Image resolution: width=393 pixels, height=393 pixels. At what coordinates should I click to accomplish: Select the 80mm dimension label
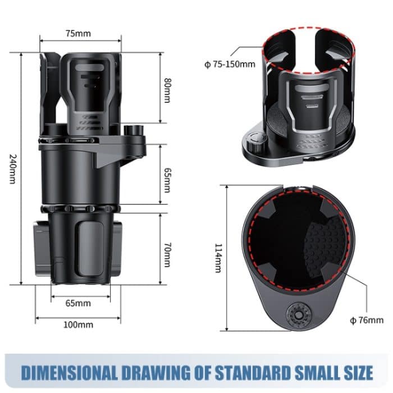pos(167,88)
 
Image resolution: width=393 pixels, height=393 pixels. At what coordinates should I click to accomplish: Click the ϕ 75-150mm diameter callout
pos(230,64)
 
